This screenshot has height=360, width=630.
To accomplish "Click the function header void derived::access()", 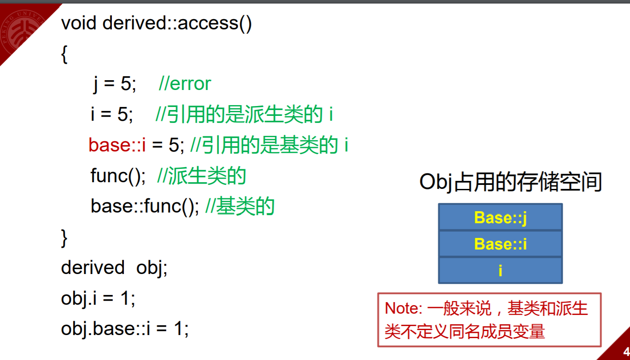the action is coord(156,23).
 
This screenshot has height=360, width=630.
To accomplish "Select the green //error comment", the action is coord(184,84).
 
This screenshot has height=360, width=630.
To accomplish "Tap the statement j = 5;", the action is coord(115,84).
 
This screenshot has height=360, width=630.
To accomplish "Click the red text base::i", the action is coord(117,145).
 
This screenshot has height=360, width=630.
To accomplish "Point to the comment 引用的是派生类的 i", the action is coord(245,115).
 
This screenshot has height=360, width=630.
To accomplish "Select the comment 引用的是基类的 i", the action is coord(269,145).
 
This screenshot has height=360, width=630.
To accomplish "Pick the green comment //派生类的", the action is coord(201,176).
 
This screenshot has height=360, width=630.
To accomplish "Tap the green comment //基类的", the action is coord(240,206).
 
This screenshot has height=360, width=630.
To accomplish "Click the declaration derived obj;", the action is coord(114,268).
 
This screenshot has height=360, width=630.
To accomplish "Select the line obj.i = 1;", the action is coord(98,299).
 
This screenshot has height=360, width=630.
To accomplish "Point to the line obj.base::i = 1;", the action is coord(125,329).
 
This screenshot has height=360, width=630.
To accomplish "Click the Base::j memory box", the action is coord(500,217).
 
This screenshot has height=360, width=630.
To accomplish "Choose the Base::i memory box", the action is coord(500,244).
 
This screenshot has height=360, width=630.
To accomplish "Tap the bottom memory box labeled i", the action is coord(500,270).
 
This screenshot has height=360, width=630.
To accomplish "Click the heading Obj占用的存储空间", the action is coord(511,182).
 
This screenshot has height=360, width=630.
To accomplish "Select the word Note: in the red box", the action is coord(403,309).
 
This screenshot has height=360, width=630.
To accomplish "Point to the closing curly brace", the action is coord(64,237).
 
